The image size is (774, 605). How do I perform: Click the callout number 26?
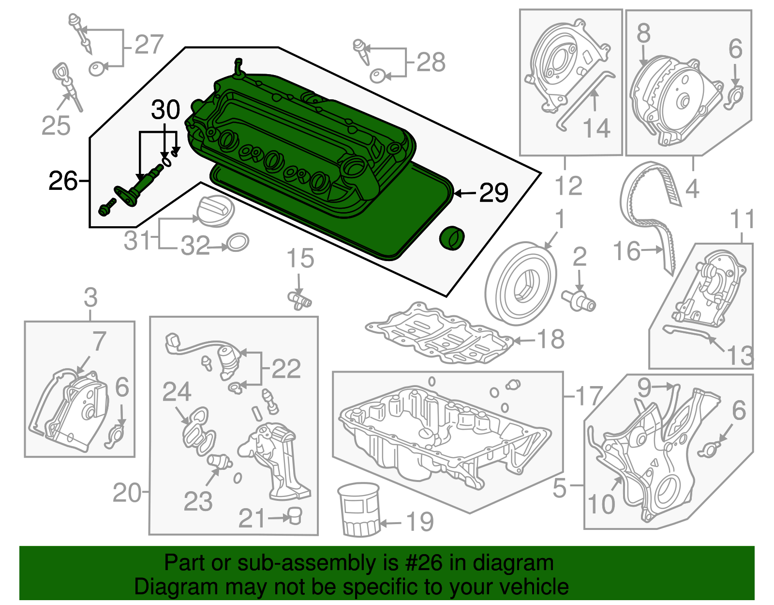(63, 181)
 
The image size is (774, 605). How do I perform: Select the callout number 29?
(493, 193)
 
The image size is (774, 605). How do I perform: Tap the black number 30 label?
(165, 110)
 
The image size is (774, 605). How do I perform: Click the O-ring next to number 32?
(237, 242)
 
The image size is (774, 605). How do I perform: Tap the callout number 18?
(551, 339)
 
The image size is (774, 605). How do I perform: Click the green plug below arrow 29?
(451, 238)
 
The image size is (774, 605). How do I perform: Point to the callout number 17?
(588, 396)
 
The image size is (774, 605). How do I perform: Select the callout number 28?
(431, 62)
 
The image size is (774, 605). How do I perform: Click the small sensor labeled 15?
(299, 299)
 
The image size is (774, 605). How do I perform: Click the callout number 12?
(568, 186)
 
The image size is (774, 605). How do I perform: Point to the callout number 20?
(127, 493)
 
